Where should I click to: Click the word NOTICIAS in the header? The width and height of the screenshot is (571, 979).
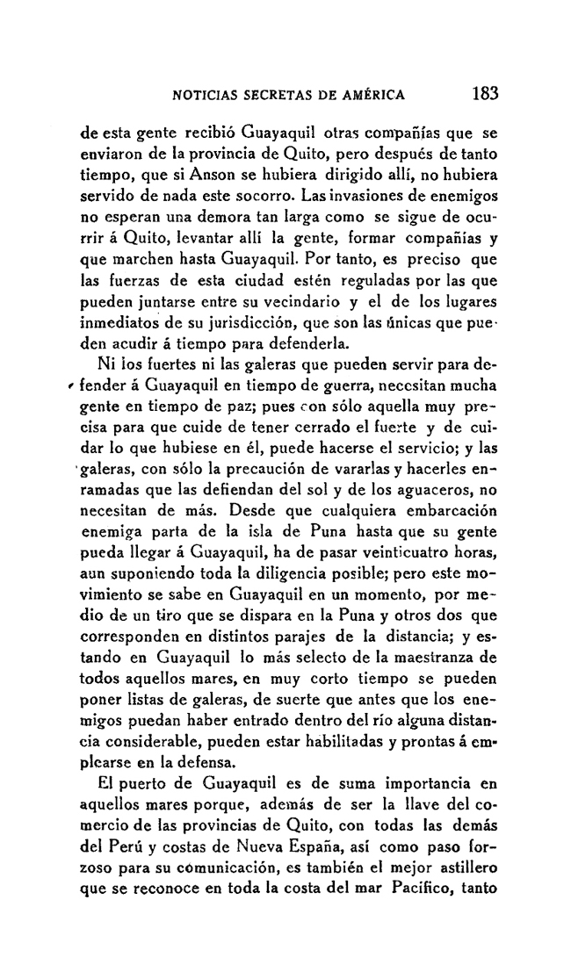tap(206, 95)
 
